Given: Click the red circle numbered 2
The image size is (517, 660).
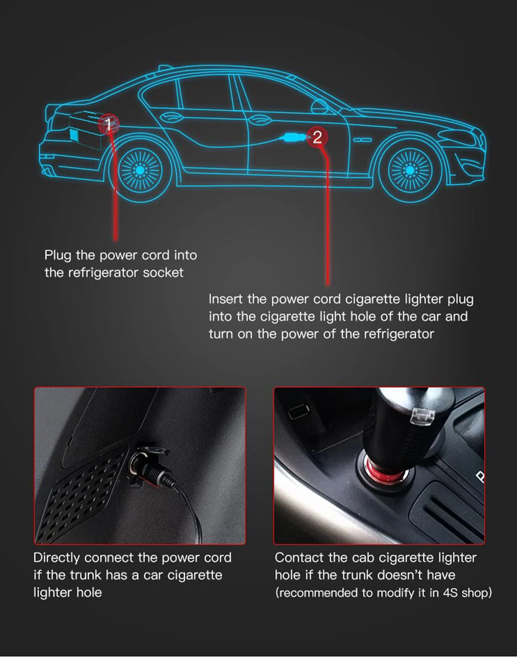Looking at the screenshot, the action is coord(317,137).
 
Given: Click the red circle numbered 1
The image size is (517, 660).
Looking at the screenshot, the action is coord(109,124).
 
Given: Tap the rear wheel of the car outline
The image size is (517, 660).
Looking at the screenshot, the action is coord(140,170).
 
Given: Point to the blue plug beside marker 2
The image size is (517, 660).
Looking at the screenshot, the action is coord(292,137).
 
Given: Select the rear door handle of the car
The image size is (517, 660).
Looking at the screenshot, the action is coord(171,117).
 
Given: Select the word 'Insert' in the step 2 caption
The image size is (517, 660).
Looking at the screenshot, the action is coord(225,299).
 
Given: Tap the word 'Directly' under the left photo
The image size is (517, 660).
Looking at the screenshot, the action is coord(57,558).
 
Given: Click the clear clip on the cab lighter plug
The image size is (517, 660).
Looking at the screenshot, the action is coord(422,415).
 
